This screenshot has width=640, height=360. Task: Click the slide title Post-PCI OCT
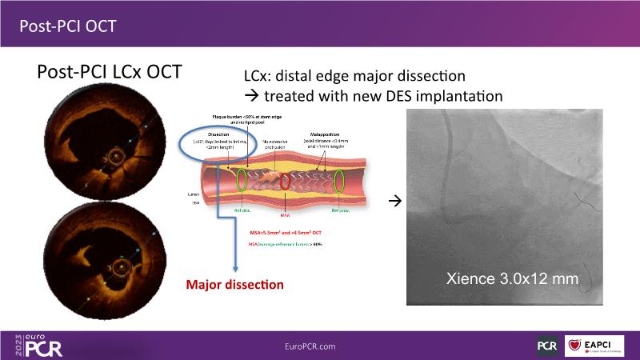click(68, 26)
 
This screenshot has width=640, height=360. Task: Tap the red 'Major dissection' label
click(234, 284)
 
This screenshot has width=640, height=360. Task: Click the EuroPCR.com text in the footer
click(320, 346)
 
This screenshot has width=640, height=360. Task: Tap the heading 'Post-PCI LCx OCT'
click(110, 72)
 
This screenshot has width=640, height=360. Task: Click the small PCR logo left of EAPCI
click(548, 346)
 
